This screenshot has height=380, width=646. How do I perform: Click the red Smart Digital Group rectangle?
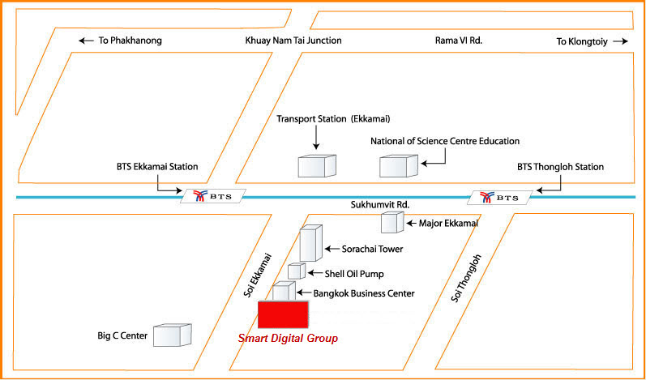pos(283,314)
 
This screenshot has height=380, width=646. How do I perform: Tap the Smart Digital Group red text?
pos(288,339)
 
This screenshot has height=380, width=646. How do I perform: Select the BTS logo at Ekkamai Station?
pos(213,196)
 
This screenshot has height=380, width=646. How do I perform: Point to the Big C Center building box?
pos(173,335)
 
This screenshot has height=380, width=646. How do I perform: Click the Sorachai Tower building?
pos(310,243)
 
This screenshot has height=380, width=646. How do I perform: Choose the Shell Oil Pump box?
pos(296,271)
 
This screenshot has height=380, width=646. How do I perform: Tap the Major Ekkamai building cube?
pos(392,222)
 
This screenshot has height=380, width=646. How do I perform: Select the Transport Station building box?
pos(317,166)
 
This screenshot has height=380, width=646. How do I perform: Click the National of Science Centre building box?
pos(399,166)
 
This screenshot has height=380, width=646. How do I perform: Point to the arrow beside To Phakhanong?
pos(86,41)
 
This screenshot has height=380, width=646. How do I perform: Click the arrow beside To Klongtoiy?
pos(620,41)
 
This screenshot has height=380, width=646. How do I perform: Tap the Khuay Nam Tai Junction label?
pos(293,41)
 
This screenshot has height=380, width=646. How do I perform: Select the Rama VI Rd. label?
pos(459,41)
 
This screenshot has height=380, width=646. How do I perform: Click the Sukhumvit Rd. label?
pos(380,205)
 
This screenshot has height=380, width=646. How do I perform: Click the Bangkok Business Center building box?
pos(284,291)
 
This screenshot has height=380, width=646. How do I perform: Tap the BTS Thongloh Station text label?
pos(560,167)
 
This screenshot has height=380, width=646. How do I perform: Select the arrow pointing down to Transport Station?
pos(316,138)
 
